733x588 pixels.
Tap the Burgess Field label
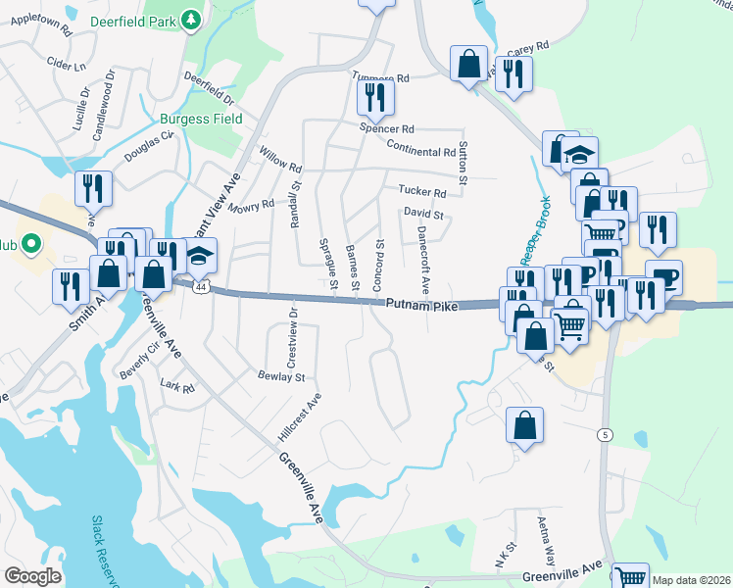coord(201,120)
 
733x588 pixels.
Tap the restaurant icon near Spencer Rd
coord(375,96)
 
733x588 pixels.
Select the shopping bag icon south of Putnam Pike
coord(525,426)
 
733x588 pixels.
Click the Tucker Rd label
coord(421,192)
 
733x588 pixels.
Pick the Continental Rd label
coord(421,151)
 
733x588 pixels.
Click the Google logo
coord(32,576)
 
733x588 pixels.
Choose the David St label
coord(424,215)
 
